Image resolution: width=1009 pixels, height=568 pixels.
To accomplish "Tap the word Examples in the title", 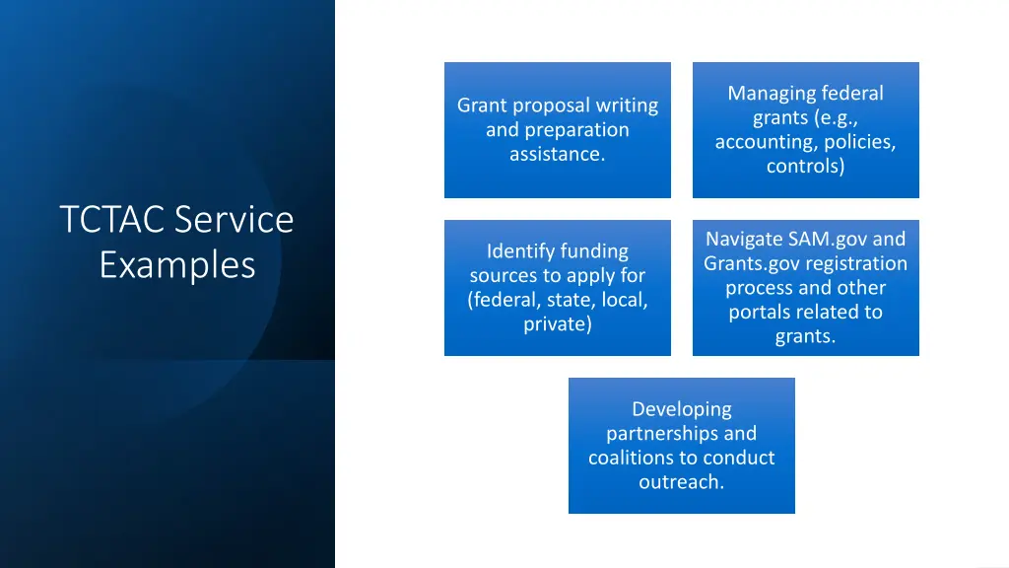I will [177, 265].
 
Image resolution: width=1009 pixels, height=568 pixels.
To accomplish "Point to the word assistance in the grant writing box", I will [556, 154].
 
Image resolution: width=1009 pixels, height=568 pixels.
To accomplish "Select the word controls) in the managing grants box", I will [805, 167].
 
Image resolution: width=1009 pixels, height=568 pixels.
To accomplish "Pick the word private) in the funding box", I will [558, 324].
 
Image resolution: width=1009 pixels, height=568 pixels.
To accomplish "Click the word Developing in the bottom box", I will [682, 409].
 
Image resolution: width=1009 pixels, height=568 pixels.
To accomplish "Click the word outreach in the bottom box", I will [681, 482].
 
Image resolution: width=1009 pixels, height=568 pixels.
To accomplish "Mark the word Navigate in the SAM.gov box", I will [744, 240].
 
